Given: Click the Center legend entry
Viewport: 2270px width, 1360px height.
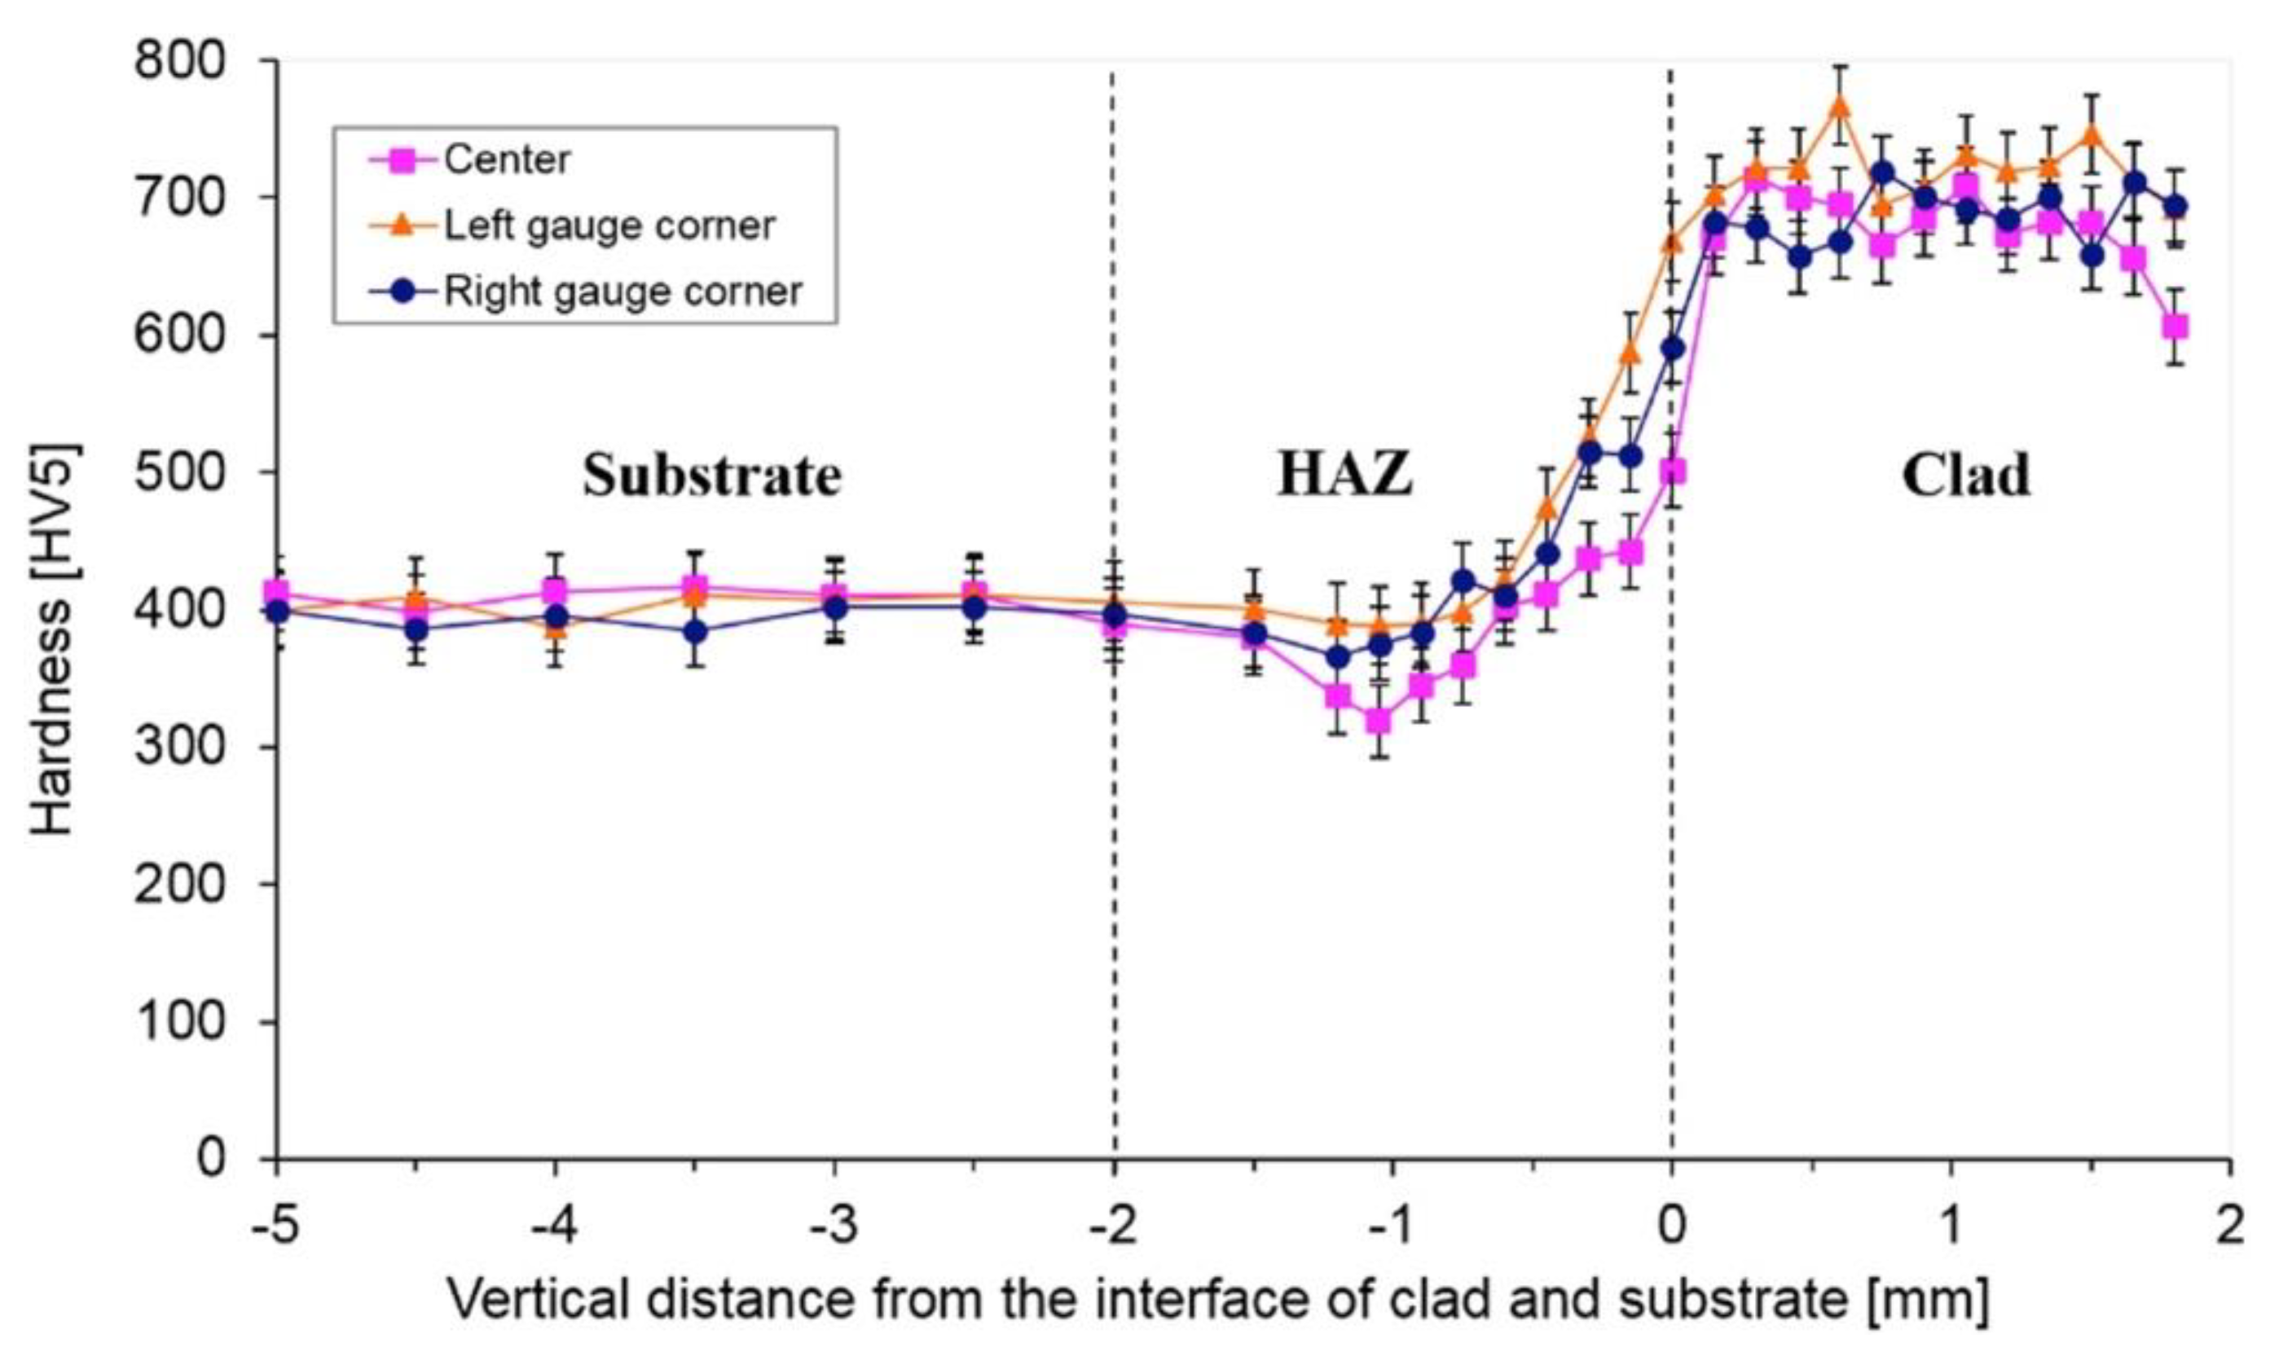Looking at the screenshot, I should [506, 160].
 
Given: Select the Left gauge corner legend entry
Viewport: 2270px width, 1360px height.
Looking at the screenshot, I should [609, 226].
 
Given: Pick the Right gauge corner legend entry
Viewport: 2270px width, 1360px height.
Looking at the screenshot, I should [622, 292].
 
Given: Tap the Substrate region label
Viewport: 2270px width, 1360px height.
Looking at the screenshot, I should [712, 476].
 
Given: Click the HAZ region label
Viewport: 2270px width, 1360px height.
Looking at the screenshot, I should [1344, 476].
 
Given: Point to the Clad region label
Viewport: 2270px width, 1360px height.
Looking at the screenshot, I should [1965, 476].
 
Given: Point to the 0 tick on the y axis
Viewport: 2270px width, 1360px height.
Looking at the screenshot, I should [211, 1160].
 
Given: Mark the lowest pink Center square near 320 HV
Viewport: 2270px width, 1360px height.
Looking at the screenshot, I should [1378, 722].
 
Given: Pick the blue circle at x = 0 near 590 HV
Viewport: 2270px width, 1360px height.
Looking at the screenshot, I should [1673, 349].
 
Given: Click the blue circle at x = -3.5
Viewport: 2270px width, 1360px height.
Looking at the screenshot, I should [695, 632].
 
